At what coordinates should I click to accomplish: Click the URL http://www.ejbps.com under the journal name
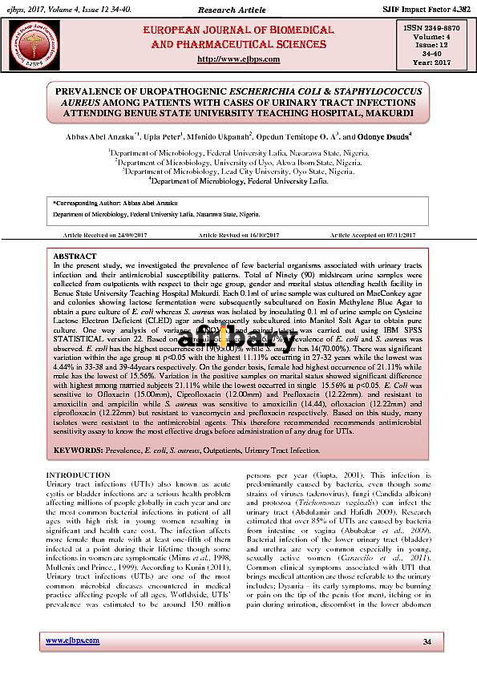238,59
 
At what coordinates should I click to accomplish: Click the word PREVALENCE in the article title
93,92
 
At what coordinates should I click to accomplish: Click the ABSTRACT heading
75,256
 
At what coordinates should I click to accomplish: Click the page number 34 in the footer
426,641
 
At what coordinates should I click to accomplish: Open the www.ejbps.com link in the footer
72,641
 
